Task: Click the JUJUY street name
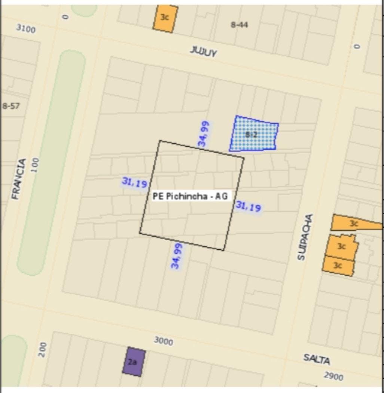click(203, 52)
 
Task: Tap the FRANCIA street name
click(19, 178)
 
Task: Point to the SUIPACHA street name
click(305, 237)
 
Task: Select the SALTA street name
click(316, 359)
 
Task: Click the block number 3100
click(26, 28)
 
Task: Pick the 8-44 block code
click(239, 25)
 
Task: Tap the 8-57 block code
click(11, 106)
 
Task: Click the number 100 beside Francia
click(35, 165)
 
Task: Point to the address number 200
click(43, 349)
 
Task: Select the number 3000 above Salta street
click(164, 341)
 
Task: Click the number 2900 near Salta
click(333, 376)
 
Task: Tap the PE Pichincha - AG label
click(190, 196)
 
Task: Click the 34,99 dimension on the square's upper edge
click(204, 134)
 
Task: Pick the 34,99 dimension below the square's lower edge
click(176, 256)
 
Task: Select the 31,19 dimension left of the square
click(134, 183)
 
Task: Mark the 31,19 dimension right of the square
click(248, 206)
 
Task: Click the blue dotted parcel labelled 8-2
click(254, 134)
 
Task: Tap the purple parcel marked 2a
click(133, 362)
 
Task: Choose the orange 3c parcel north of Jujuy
click(165, 18)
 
